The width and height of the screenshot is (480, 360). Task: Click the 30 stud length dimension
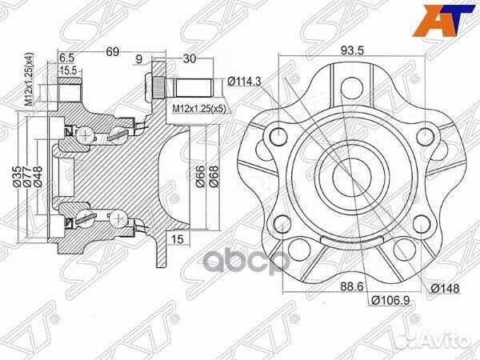pyautogui.click(x=189, y=58)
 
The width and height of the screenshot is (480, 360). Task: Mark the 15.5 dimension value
pyautogui.click(x=69, y=71)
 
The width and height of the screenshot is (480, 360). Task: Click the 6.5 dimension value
pyautogui.click(x=67, y=58)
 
